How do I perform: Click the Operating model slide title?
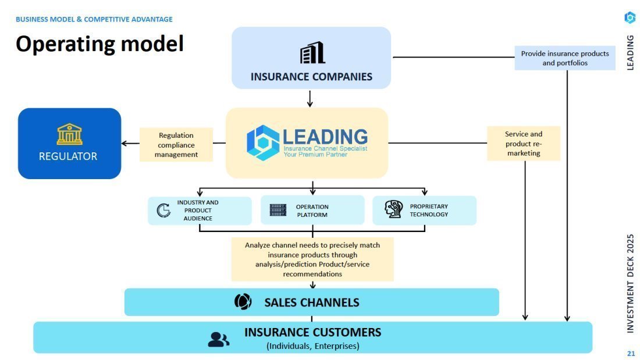pyautogui.click(x=99, y=44)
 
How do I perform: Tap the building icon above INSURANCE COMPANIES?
pyautogui.click(x=312, y=53)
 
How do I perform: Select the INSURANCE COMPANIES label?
pyautogui.click(x=311, y=77)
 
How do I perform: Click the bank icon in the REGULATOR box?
pyautogui.click(x=69, y=134)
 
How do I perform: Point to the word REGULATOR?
pyautogui.click(x=68, y=156)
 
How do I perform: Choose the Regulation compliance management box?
pyautogui.click(x=176, y=145)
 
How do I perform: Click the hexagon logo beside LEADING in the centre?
pyautogui.click(x=263, y=142)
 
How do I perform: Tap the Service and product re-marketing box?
pyautogui.click(x=524, y=143)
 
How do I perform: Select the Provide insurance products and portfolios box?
pyautogui.click(x=564, y=58)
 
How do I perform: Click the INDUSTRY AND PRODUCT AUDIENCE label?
pyautogui.click(x=198, y=211)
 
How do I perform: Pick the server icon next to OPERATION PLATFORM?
pyautogui.click(x=278, y=210)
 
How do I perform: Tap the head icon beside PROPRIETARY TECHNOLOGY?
pyautogui.click(x=393, y=209)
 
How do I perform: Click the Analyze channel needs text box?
pyautogui.click(x=312, y=259)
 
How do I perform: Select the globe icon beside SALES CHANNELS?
pyautogui.click(x=243, y=302)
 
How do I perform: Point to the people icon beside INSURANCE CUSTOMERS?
pyautogui.click(x=218, y=339)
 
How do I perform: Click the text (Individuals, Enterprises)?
pyautogui.click(x=313, y=346)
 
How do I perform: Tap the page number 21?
pyautogui.click(x=631, y=353)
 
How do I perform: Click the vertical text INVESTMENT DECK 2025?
pyautogui.click(x=631, y=283)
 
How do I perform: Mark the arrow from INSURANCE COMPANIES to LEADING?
pyautogui.click(x=310, y=98)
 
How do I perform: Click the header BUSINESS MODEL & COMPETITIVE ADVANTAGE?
pyautogui.click(x=94, y=19)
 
